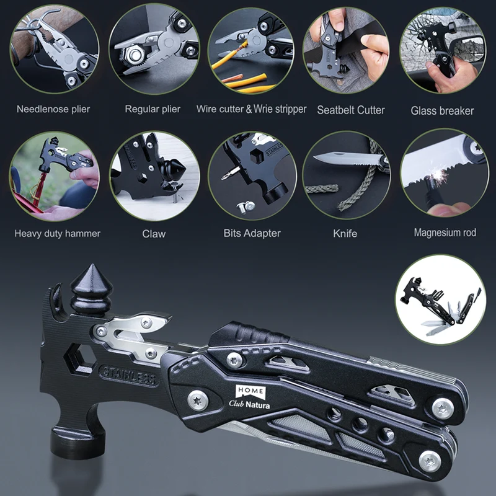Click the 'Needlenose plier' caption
[53, 110]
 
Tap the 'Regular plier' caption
[153, 110]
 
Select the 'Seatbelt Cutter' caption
[351, 110]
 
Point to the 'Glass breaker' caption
[442, 111]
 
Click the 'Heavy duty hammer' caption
[57, 234]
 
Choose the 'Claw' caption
[154, 234]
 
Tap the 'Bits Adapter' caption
[252, 234]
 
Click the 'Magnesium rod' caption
[445, 233]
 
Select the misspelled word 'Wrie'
[263, 109]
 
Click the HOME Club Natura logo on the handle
[250, 397]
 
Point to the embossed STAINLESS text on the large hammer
[129, 375]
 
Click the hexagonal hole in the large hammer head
[80, 358]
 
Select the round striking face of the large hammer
[77, 440]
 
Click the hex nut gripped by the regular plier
[135, 55]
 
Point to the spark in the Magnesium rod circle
[438, 174]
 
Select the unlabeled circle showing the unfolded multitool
[441, 299]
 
